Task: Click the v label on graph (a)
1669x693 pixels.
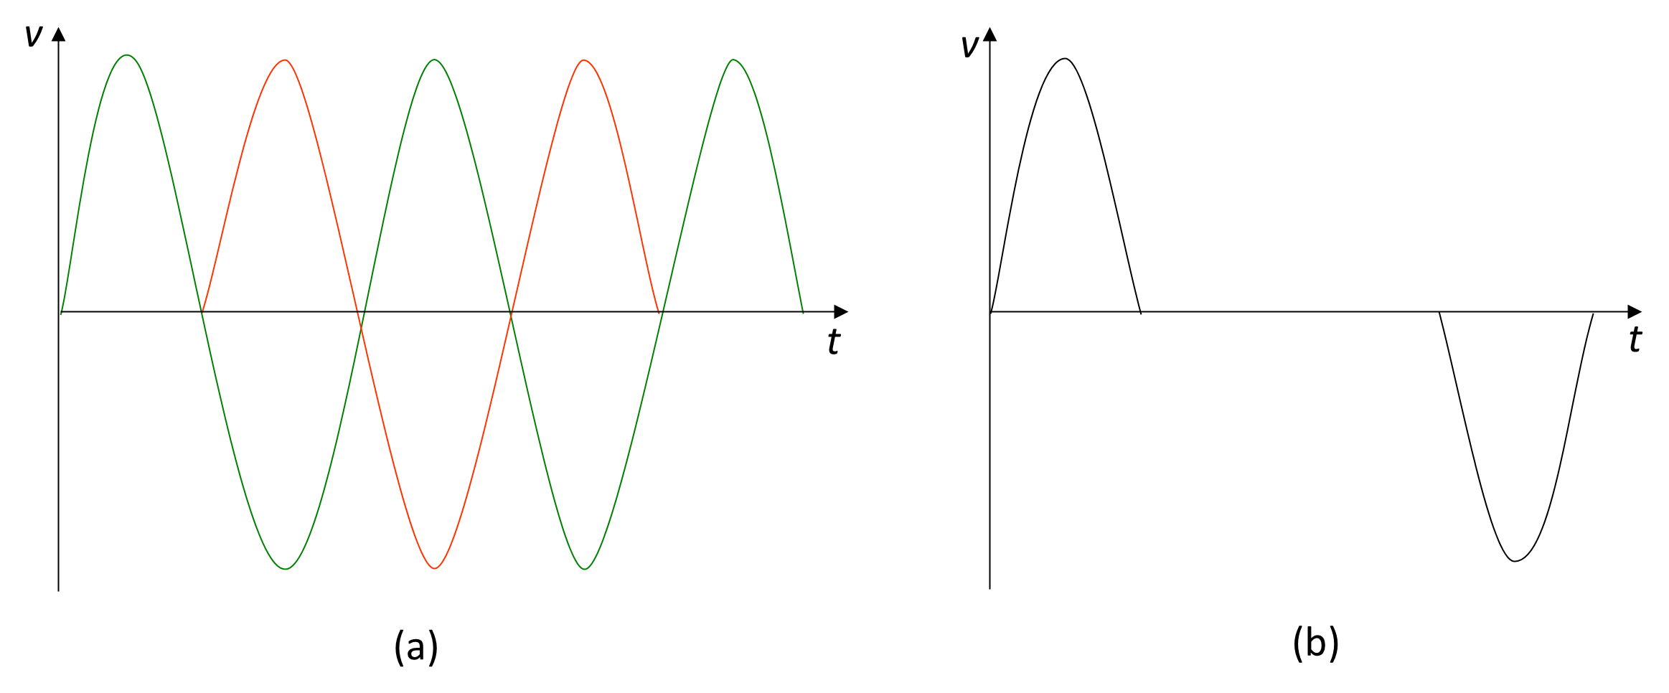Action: pos(33,36)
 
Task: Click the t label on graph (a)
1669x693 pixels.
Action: pos(833,341)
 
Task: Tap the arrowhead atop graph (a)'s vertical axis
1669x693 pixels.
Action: pos(59,34)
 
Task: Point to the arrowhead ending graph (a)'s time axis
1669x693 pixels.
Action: pos(841,311)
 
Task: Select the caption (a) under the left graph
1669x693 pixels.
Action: pos(416,647)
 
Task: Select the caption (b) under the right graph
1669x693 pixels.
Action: pos(1316,643)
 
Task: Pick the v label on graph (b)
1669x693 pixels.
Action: pos(969,46)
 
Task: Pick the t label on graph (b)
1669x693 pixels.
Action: pos(1635,339)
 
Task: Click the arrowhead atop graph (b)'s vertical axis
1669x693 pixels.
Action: pos(990,34)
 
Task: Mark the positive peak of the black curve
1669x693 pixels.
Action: pos(1066,59)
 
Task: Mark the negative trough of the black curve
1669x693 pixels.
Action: pos(1515,561)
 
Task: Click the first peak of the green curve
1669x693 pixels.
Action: pos(127,55)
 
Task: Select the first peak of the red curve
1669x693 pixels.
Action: pos(286,60)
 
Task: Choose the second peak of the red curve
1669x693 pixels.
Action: pos(584,60)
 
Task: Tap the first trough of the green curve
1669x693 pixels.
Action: pos(286,569)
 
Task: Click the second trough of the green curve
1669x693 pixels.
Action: pos(585,569)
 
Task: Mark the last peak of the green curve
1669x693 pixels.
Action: pos(733,60)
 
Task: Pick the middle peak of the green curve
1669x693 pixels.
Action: pos(434,60)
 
